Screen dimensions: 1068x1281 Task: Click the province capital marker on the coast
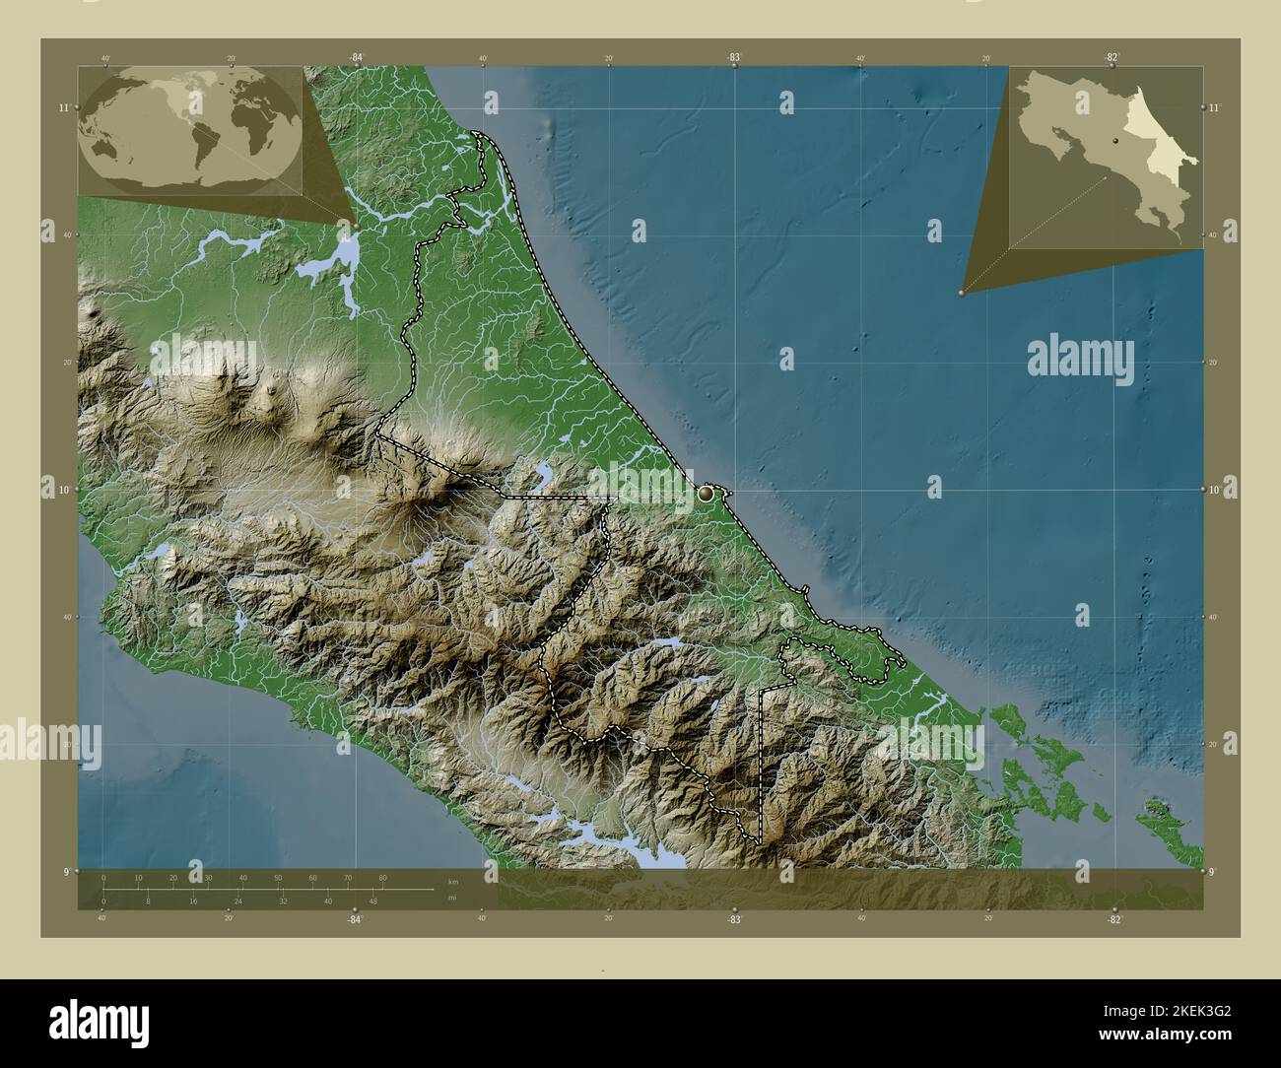point(708,493)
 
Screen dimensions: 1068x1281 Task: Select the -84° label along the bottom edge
point(355,919)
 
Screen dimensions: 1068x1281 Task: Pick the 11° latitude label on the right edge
point(1214,107)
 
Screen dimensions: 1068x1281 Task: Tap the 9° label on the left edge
point(65,871)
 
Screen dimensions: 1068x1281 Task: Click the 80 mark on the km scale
point(382,877)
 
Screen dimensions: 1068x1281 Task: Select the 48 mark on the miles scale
point(373,901)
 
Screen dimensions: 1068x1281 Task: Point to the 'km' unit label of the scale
point(452,882)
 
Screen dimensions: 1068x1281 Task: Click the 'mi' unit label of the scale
point(452,898)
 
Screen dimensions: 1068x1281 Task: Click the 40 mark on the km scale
point(242,877)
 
